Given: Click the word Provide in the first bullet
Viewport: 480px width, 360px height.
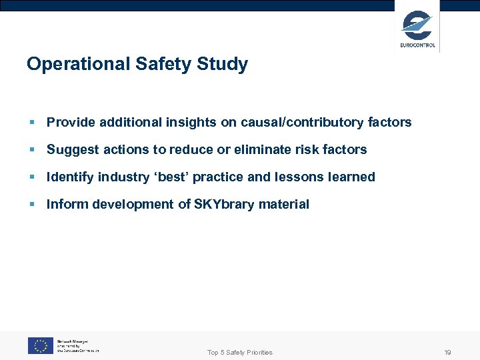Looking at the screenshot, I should point(71,123).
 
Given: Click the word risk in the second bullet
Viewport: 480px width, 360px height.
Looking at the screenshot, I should point(309,150).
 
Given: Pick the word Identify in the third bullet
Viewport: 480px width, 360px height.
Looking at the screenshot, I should point(70,177).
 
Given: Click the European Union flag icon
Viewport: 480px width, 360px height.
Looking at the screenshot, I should point(40,345).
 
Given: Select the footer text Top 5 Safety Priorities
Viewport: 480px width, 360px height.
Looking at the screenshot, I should point(240,352).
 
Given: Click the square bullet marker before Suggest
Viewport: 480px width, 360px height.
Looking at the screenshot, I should point(31,150).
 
